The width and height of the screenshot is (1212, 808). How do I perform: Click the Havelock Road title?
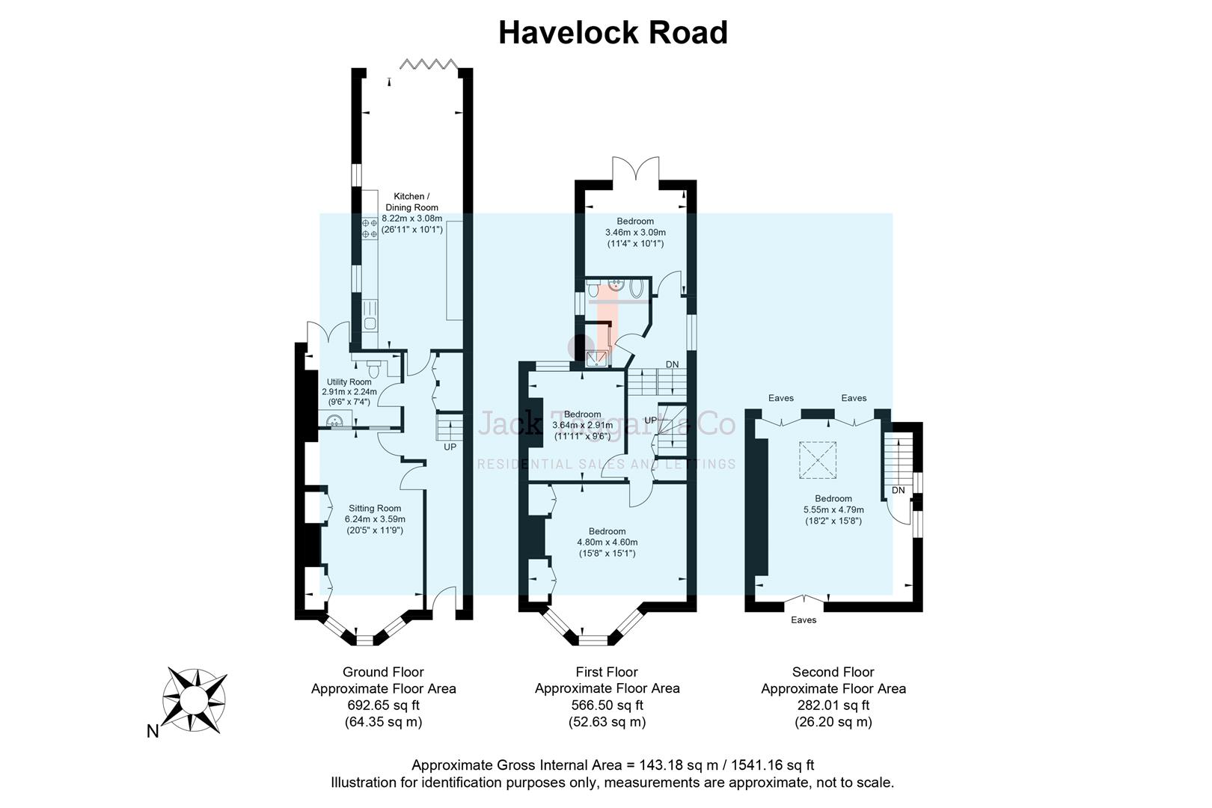(613, 33)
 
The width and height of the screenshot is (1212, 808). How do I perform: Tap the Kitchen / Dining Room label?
(411, 202)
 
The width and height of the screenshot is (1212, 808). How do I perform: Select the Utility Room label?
(349, 382)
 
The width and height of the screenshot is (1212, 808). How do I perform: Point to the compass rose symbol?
(195, 700)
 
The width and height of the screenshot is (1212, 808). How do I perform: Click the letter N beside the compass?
(153, 732)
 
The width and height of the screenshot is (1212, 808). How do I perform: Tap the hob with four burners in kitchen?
(370, 228)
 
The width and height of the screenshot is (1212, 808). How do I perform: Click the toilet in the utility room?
(375, 369)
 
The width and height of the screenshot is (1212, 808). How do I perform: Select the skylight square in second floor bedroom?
(818, 459)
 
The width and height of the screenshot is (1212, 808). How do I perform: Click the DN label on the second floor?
(899, 491)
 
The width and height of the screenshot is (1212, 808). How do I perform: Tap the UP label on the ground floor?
(450, 447)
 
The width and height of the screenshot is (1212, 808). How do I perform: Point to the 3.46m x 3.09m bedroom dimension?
(635, 233)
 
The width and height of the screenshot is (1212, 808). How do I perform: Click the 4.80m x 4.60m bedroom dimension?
(607, 542)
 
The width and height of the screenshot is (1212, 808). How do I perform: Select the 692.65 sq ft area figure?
(383, 705)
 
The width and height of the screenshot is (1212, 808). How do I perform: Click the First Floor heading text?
(607, 672)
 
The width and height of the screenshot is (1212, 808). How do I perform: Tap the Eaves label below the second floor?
(804, 620)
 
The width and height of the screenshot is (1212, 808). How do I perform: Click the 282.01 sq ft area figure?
(833, 705)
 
